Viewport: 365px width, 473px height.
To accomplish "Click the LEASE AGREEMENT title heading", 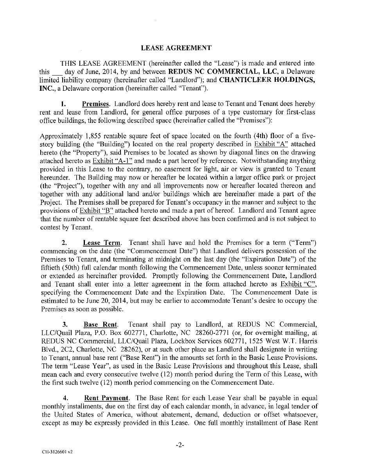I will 176,48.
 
